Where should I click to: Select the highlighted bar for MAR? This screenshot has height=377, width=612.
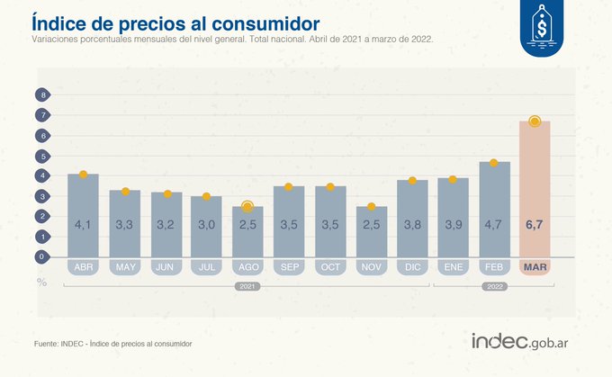(x=535, y=189)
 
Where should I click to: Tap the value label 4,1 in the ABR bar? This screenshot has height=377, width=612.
(x=83, y=223)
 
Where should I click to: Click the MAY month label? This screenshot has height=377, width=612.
(x=125, y=266)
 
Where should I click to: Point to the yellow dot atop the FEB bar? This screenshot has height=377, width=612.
(x=494, y=163)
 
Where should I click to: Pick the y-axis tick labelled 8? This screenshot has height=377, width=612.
(x=41, y=94)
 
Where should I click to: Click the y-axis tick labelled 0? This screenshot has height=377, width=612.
(x=41, y=256)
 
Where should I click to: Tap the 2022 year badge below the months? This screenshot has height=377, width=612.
(x=494, y=285)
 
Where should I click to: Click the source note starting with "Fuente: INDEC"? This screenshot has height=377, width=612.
(x=112, y=344)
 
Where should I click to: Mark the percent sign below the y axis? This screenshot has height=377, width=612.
(x=41, y=282)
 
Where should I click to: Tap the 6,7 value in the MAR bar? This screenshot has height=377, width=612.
(x=535, y=223)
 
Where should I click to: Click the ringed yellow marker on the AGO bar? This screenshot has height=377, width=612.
(x=247, y=207)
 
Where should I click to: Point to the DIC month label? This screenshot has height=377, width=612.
(x=412, y=266)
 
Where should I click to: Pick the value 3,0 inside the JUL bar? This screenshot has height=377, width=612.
(x=207, y=223)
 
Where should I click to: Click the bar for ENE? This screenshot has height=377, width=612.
(x=453, y=217)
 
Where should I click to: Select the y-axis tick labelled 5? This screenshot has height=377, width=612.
(x=41, y=156)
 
